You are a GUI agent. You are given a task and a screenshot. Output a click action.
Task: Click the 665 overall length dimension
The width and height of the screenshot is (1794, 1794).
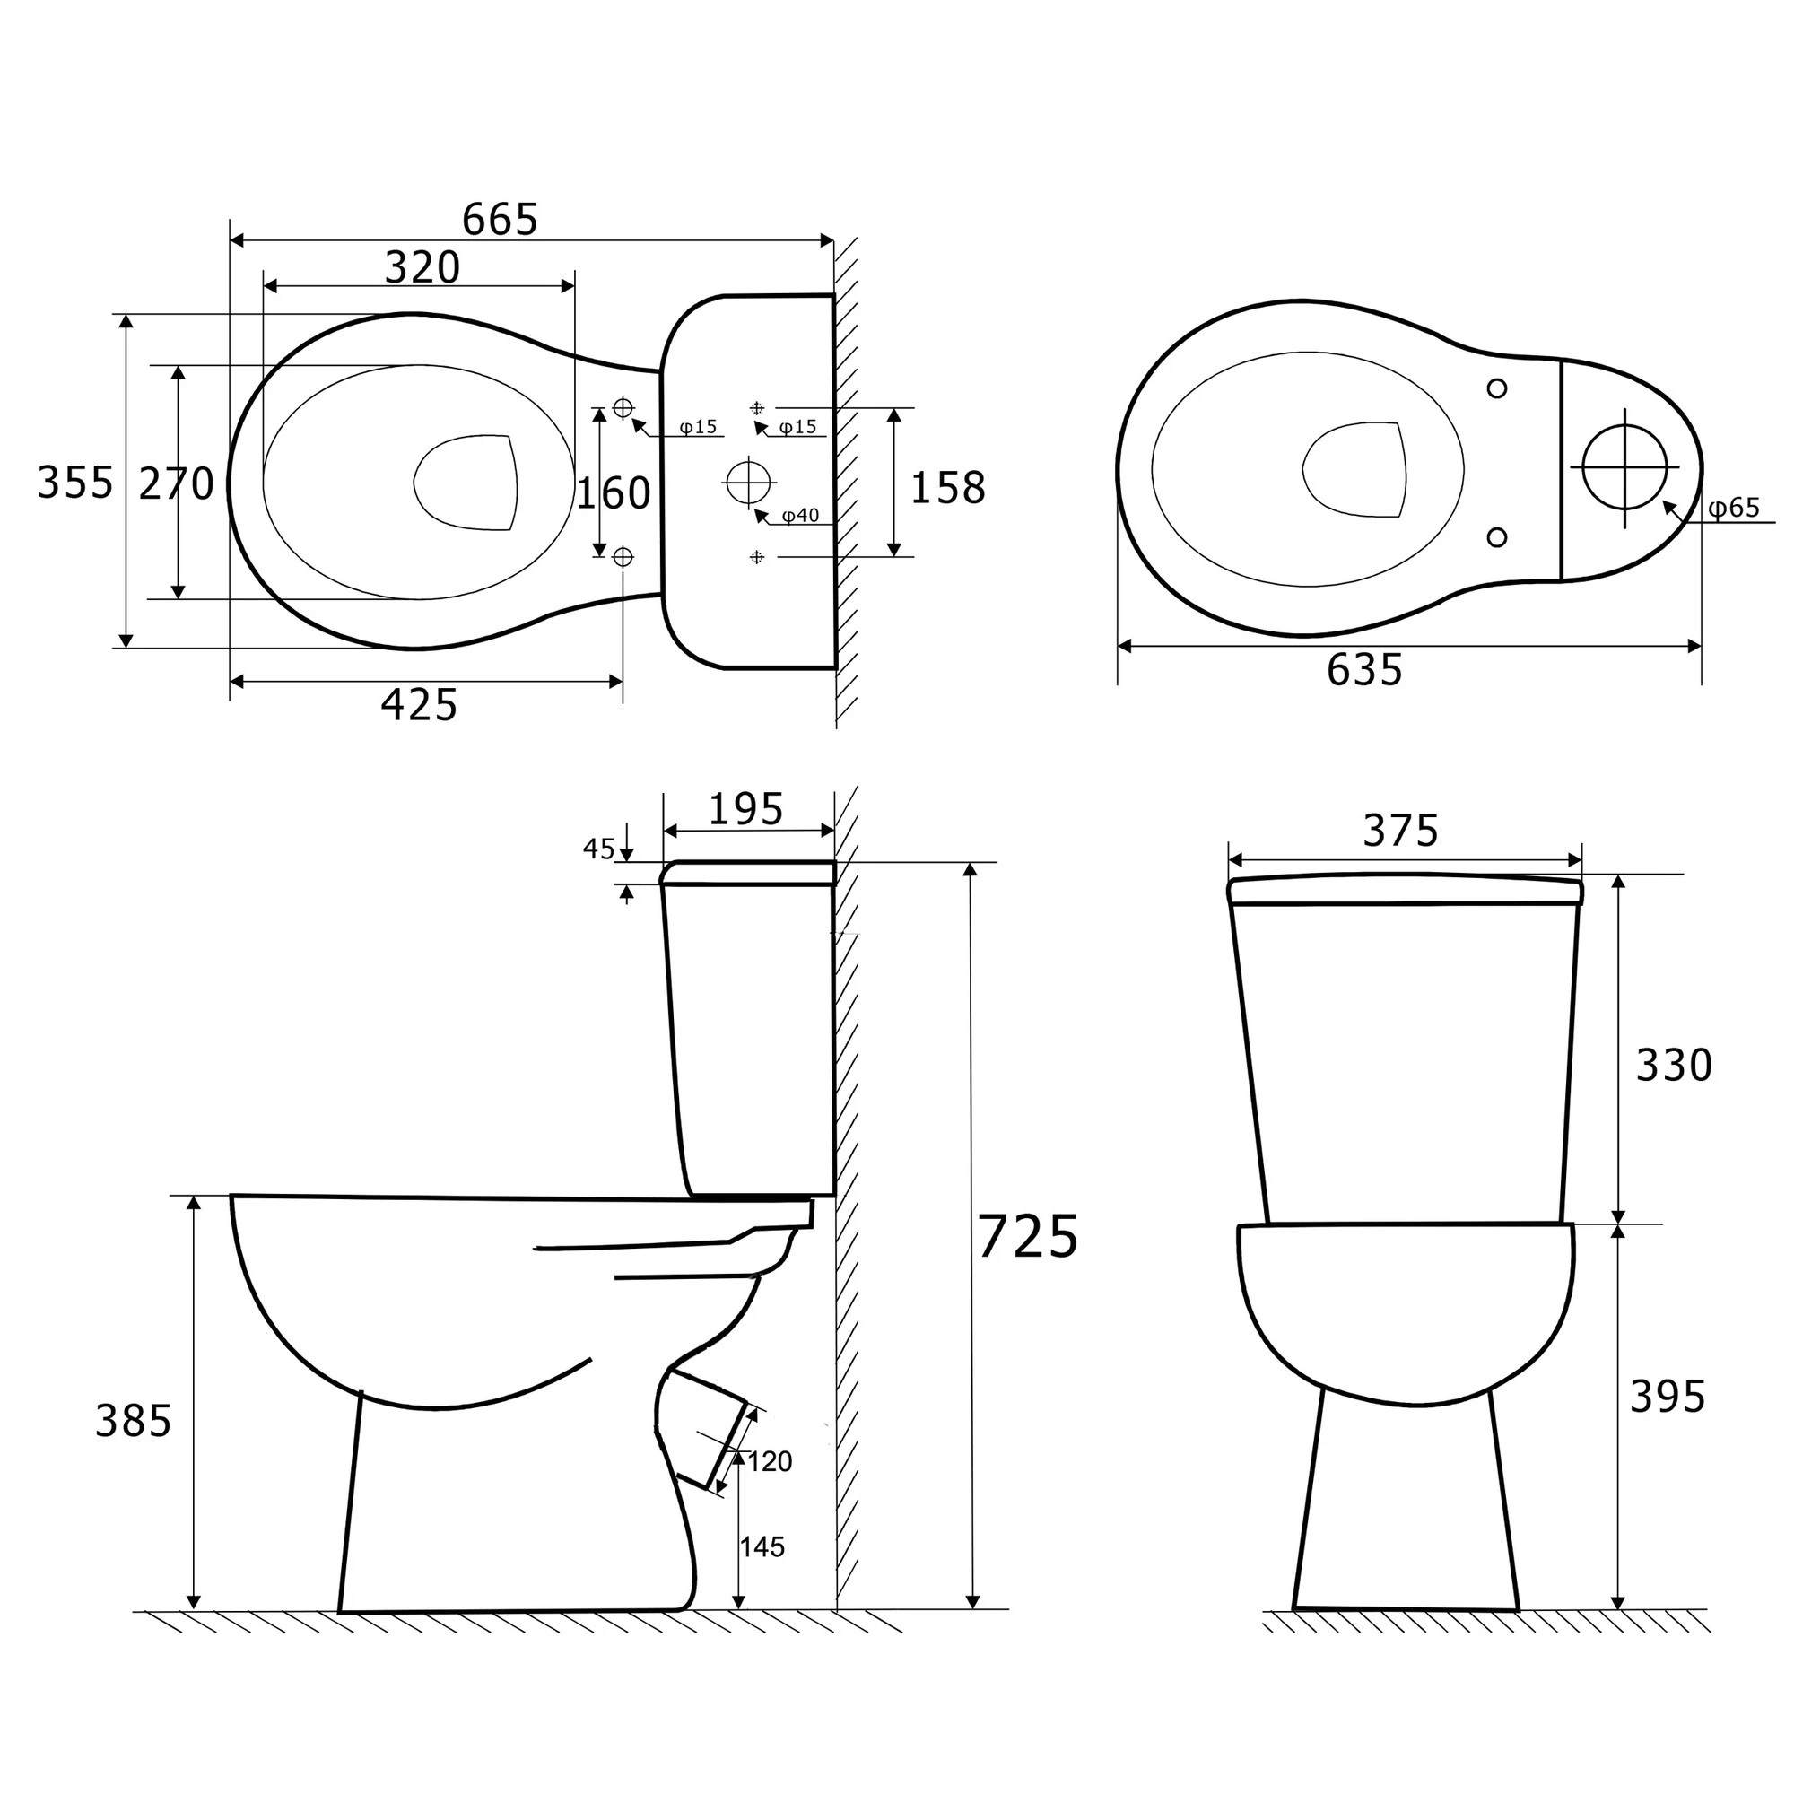coord(500,219)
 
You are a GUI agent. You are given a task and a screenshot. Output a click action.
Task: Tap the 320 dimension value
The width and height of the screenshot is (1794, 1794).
coord(422,267)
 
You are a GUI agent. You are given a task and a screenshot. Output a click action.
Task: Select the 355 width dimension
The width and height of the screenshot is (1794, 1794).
coord(75,483)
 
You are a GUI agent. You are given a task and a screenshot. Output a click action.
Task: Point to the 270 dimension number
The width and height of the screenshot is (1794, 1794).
coord(177,483)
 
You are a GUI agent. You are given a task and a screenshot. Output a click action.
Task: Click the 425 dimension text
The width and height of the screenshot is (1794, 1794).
coord(419,705)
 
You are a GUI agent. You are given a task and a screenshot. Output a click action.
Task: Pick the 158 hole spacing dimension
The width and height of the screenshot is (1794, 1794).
coord(947,487)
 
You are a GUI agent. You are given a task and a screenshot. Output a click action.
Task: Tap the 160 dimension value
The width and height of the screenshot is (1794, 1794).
coord(614,493)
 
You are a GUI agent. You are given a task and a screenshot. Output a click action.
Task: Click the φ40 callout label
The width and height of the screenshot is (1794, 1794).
coord(800,516)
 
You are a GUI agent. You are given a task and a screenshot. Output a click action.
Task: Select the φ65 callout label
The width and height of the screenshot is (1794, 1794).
coord(1734,508)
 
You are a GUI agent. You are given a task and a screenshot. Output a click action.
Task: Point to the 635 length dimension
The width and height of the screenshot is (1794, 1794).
coord(1364,669)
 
